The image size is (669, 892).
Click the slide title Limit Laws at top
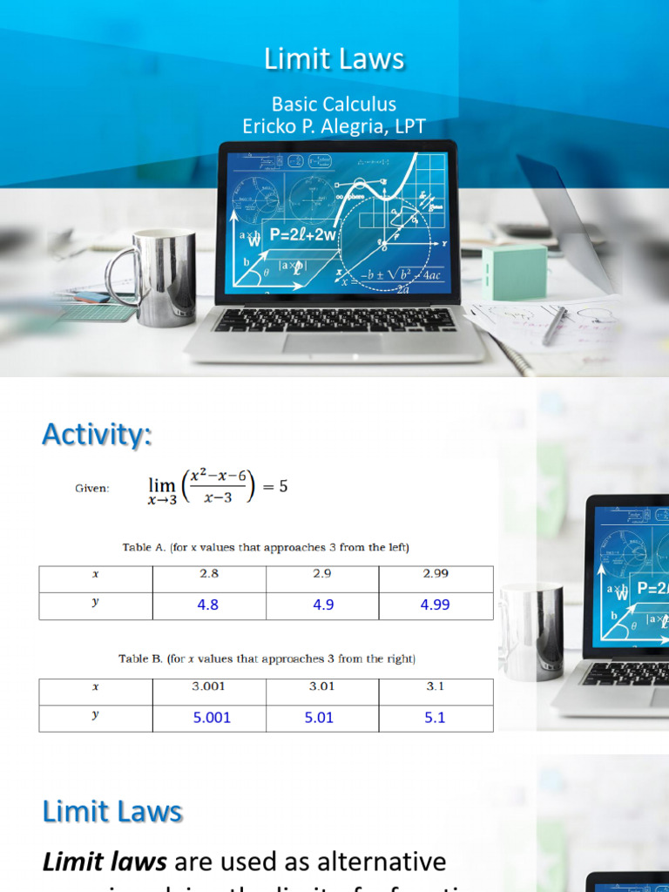[334, 58]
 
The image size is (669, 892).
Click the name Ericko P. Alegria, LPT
[334, 126]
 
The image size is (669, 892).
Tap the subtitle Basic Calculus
[334, 104]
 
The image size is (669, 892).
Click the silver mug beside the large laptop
[161, 277]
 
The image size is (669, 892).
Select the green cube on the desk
[514, 271]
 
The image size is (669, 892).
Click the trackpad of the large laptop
[332, 343]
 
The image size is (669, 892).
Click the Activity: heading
[97, 434]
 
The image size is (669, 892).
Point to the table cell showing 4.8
[208, 605]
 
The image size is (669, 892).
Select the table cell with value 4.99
[435, 605]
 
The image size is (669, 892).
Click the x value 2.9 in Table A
[322, 573]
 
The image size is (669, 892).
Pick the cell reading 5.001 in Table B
[212, 718]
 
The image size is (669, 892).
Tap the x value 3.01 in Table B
[321, 686]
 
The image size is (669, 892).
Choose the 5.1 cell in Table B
[435, 718]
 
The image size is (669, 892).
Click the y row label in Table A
[96, 602]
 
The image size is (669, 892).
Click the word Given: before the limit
[92, 488]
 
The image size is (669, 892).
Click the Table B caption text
[267, 659]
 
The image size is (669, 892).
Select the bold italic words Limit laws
[105, 862]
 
